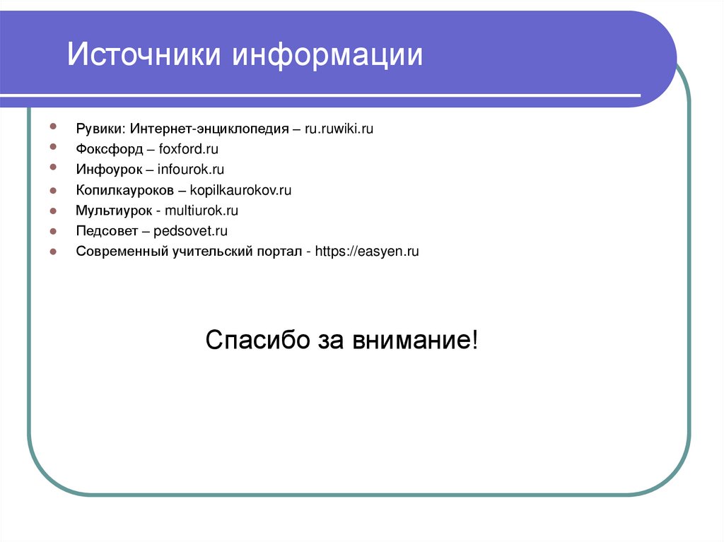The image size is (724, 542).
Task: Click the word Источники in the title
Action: (x=144, y=55)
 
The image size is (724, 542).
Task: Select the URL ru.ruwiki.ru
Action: (x=339, y=129)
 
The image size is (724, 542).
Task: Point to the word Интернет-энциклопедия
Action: (x=209, y=129)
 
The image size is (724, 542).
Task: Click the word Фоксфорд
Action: (x=110, y=149)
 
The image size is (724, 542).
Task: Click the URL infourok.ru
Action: (x=190, y=170)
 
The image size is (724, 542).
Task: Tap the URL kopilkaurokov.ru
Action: (x=241, y=190)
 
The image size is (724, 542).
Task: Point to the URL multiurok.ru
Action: (x=202, y=211)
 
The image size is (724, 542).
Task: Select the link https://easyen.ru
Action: (x=367, y=252)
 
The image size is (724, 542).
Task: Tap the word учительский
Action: (x=209, y=252)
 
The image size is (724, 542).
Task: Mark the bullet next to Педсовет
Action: (x=54, y=231)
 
